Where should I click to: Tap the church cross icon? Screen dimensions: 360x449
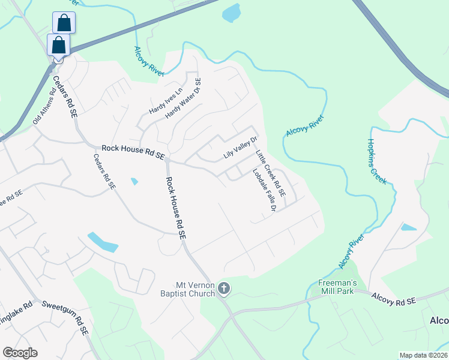(224, 289)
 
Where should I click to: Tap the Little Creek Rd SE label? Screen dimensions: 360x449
(271, 175)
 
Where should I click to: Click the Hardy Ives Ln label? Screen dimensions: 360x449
(165, 98)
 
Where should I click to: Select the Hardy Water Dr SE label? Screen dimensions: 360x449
(183, 98)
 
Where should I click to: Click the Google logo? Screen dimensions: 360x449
(20, 353)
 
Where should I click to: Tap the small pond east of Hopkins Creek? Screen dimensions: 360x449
(409, 227)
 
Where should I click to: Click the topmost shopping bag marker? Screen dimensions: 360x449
(64, 23)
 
